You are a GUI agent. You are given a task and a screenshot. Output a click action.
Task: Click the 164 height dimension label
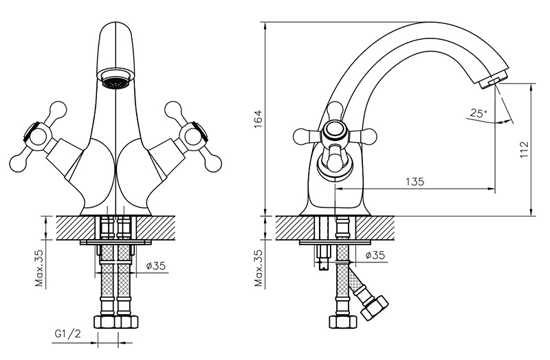(x=258, y=118)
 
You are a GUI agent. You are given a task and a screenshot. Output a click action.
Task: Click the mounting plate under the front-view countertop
(x=115, y=242)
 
